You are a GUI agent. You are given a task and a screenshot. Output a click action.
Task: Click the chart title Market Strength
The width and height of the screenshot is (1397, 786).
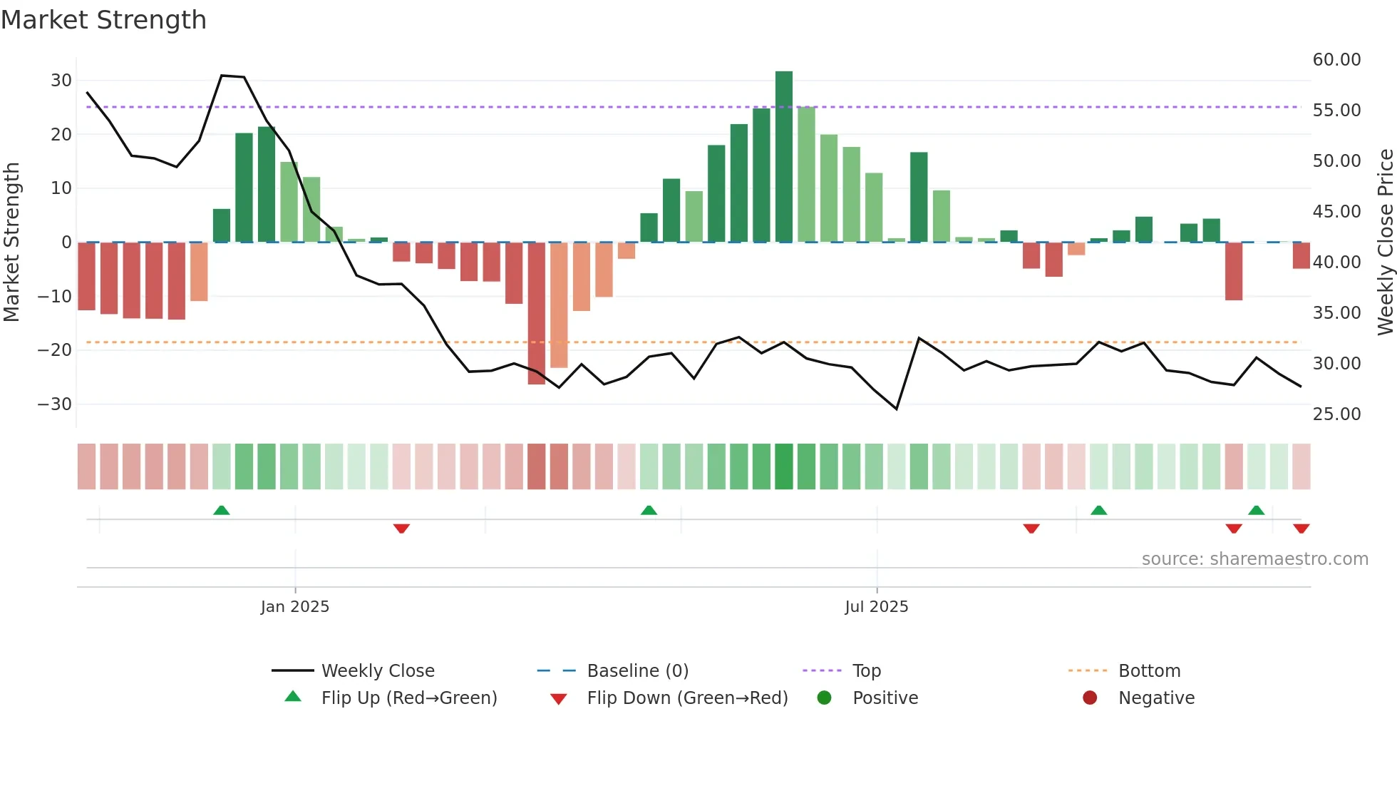point(103,20)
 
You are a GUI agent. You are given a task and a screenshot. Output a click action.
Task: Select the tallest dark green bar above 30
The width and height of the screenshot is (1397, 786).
point(784,156)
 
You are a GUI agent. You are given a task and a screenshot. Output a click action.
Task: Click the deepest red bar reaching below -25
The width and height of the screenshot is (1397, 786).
point(537,313)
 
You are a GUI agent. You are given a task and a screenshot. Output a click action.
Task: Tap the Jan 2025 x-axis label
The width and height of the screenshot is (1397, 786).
point(295,607)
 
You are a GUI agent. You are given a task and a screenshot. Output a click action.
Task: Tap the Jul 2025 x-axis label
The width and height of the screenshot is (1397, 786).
point(877,607)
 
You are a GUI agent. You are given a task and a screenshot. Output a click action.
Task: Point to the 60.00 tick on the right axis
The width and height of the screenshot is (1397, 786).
point(1336,60)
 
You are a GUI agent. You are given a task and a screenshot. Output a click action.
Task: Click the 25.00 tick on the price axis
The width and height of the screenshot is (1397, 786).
point(1336,414)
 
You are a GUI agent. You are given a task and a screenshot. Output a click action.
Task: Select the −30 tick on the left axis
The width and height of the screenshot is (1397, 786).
point(55,404)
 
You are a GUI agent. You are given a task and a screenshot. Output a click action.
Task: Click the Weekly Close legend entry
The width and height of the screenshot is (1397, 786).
point(377,671)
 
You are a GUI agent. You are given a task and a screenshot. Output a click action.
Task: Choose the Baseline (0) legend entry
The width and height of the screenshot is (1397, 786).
point(637,671)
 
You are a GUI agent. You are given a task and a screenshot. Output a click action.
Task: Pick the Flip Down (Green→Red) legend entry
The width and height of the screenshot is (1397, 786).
point(687,698)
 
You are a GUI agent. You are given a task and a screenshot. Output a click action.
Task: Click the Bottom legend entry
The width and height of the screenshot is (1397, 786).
point(1149,671)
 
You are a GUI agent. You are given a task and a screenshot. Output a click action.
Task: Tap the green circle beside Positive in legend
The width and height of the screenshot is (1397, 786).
point(825,698)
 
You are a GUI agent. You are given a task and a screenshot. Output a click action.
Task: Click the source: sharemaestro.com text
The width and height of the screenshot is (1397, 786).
point(1254,559)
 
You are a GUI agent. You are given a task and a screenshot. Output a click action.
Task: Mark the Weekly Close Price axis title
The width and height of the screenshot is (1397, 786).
point(1385,243)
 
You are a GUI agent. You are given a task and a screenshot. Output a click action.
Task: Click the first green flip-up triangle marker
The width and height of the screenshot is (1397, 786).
point(222,510)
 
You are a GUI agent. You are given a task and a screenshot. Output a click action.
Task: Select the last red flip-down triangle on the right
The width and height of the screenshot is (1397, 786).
point(1301,529)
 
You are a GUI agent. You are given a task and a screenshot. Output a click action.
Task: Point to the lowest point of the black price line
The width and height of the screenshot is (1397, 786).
point(897,409)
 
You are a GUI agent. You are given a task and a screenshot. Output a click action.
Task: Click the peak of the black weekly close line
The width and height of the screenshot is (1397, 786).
point(222,75)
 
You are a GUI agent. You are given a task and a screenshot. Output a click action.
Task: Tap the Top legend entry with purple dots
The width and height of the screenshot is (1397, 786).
point(866,671)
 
